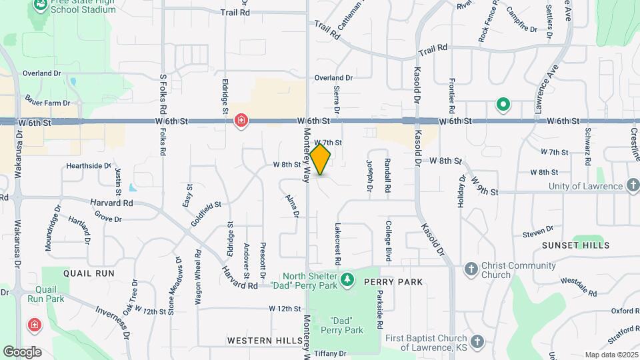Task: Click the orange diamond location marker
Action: click(321, 159)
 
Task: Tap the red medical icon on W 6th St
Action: click(241, 121)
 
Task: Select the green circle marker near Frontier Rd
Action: click(503, 105)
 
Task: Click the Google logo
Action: click(22, 351)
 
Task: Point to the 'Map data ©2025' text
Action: click(611, 355)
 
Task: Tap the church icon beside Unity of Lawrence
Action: click(633, 186)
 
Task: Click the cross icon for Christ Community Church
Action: click(471, 269)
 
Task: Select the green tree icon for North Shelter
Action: click(347, 280)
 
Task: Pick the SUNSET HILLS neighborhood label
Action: click(575, 245)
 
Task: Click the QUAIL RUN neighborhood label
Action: click(89, 273)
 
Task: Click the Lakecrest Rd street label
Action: click(337, 242)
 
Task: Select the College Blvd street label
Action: click(387, 242)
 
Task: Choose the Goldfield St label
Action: click(205, 214)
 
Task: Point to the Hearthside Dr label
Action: click(88, 165)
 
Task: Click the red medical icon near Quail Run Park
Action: click(33, 325)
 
